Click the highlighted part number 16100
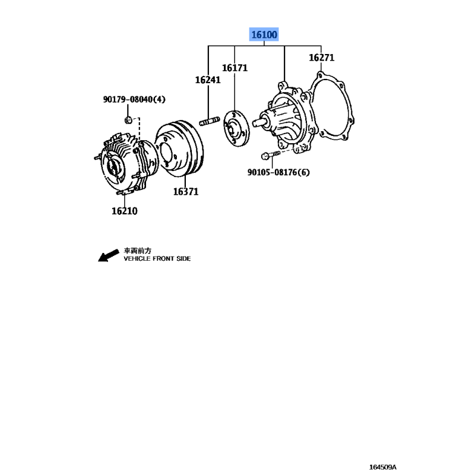click(x=264, y=34)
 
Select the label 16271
click(x=321, y=58)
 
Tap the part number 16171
click(x=235, y=68)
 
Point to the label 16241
click(x=208, y=80)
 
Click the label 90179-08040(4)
click(x=134, y=99)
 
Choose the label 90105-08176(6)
click(x=278, y=172)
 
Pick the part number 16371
click(x=186, y=192)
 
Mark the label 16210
click(x=125, y=211)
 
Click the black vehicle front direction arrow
click(x=108, y=255)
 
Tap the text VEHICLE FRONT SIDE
click(x=157, y=259)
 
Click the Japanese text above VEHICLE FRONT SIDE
click(x=138, y=251)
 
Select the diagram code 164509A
click(x=382, y=467)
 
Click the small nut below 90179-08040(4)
click(x=128, y=120)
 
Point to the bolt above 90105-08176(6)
click(x=271, y=155)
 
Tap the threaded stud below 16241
click(x=210, y=121)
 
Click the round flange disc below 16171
click(x=236, y=129)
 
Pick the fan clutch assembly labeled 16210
click(x=126, y=164)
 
